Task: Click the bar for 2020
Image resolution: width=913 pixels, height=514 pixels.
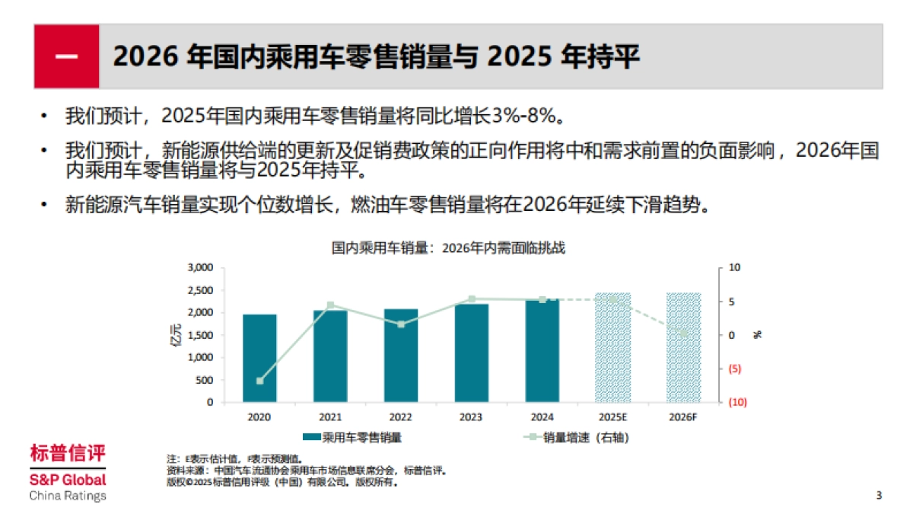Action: (x=259, y=358)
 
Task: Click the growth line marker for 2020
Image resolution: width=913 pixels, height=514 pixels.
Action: (x=259, y=381)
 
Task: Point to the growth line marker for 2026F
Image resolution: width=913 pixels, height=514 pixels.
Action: (x=683, y=333)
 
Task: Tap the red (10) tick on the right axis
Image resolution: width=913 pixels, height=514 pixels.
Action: (x=736, y=402)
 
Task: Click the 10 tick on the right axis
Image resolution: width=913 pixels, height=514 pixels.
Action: (x=733, y=268)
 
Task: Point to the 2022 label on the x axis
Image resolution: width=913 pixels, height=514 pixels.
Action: (x=401, y=418)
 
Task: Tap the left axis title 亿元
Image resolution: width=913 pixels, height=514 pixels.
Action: (x=176, y=334)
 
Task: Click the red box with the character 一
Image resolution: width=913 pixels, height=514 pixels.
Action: (x=66, y=56)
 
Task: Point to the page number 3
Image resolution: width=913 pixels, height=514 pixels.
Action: (x=879, y=496)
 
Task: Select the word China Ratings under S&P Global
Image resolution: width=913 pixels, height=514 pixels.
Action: (x=68, y=496)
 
